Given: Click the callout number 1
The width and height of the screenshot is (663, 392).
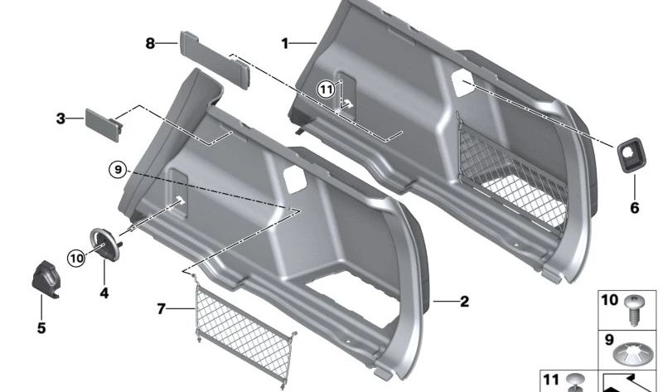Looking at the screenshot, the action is click(285, 43).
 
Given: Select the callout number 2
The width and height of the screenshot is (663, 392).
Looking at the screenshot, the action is click(464, 302).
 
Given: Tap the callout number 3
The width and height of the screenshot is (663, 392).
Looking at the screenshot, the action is click(60, 119).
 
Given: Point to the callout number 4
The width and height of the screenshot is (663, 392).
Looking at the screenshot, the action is click(104, 293).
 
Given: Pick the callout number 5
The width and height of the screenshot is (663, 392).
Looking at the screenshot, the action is click(41, 327).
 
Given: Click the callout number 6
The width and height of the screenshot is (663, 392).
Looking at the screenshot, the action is click(635, 208).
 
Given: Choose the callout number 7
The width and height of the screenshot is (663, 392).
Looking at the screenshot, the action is click(161, 309).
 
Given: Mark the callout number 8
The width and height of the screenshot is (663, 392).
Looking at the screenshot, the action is click(150, 43).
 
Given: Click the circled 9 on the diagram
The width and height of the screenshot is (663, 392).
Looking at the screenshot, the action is click(118, 170).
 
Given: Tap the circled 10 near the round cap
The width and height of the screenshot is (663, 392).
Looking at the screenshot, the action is click(76, 258).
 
